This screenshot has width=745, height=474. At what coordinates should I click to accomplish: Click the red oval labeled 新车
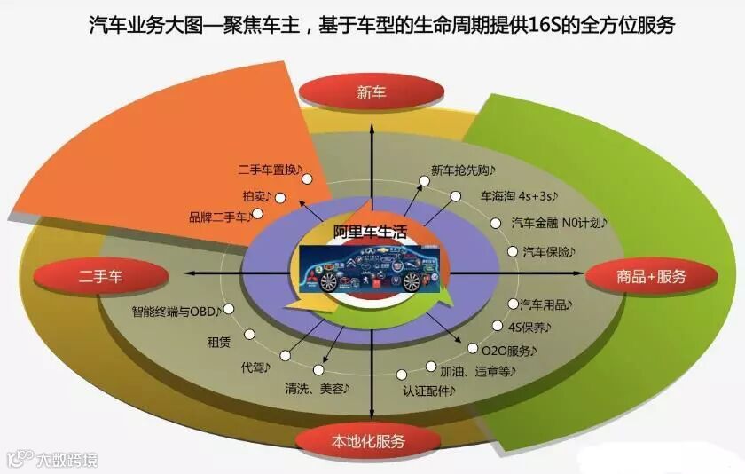(372, 92)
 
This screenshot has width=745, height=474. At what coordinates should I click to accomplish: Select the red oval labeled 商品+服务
(651, 276)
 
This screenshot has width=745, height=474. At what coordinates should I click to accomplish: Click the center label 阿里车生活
(372, 233)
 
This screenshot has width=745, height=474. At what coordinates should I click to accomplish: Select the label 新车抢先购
(464, 170)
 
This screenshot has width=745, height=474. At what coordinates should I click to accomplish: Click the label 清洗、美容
(317, 388)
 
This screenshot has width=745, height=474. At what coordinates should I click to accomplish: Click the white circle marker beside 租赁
(250, 336)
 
